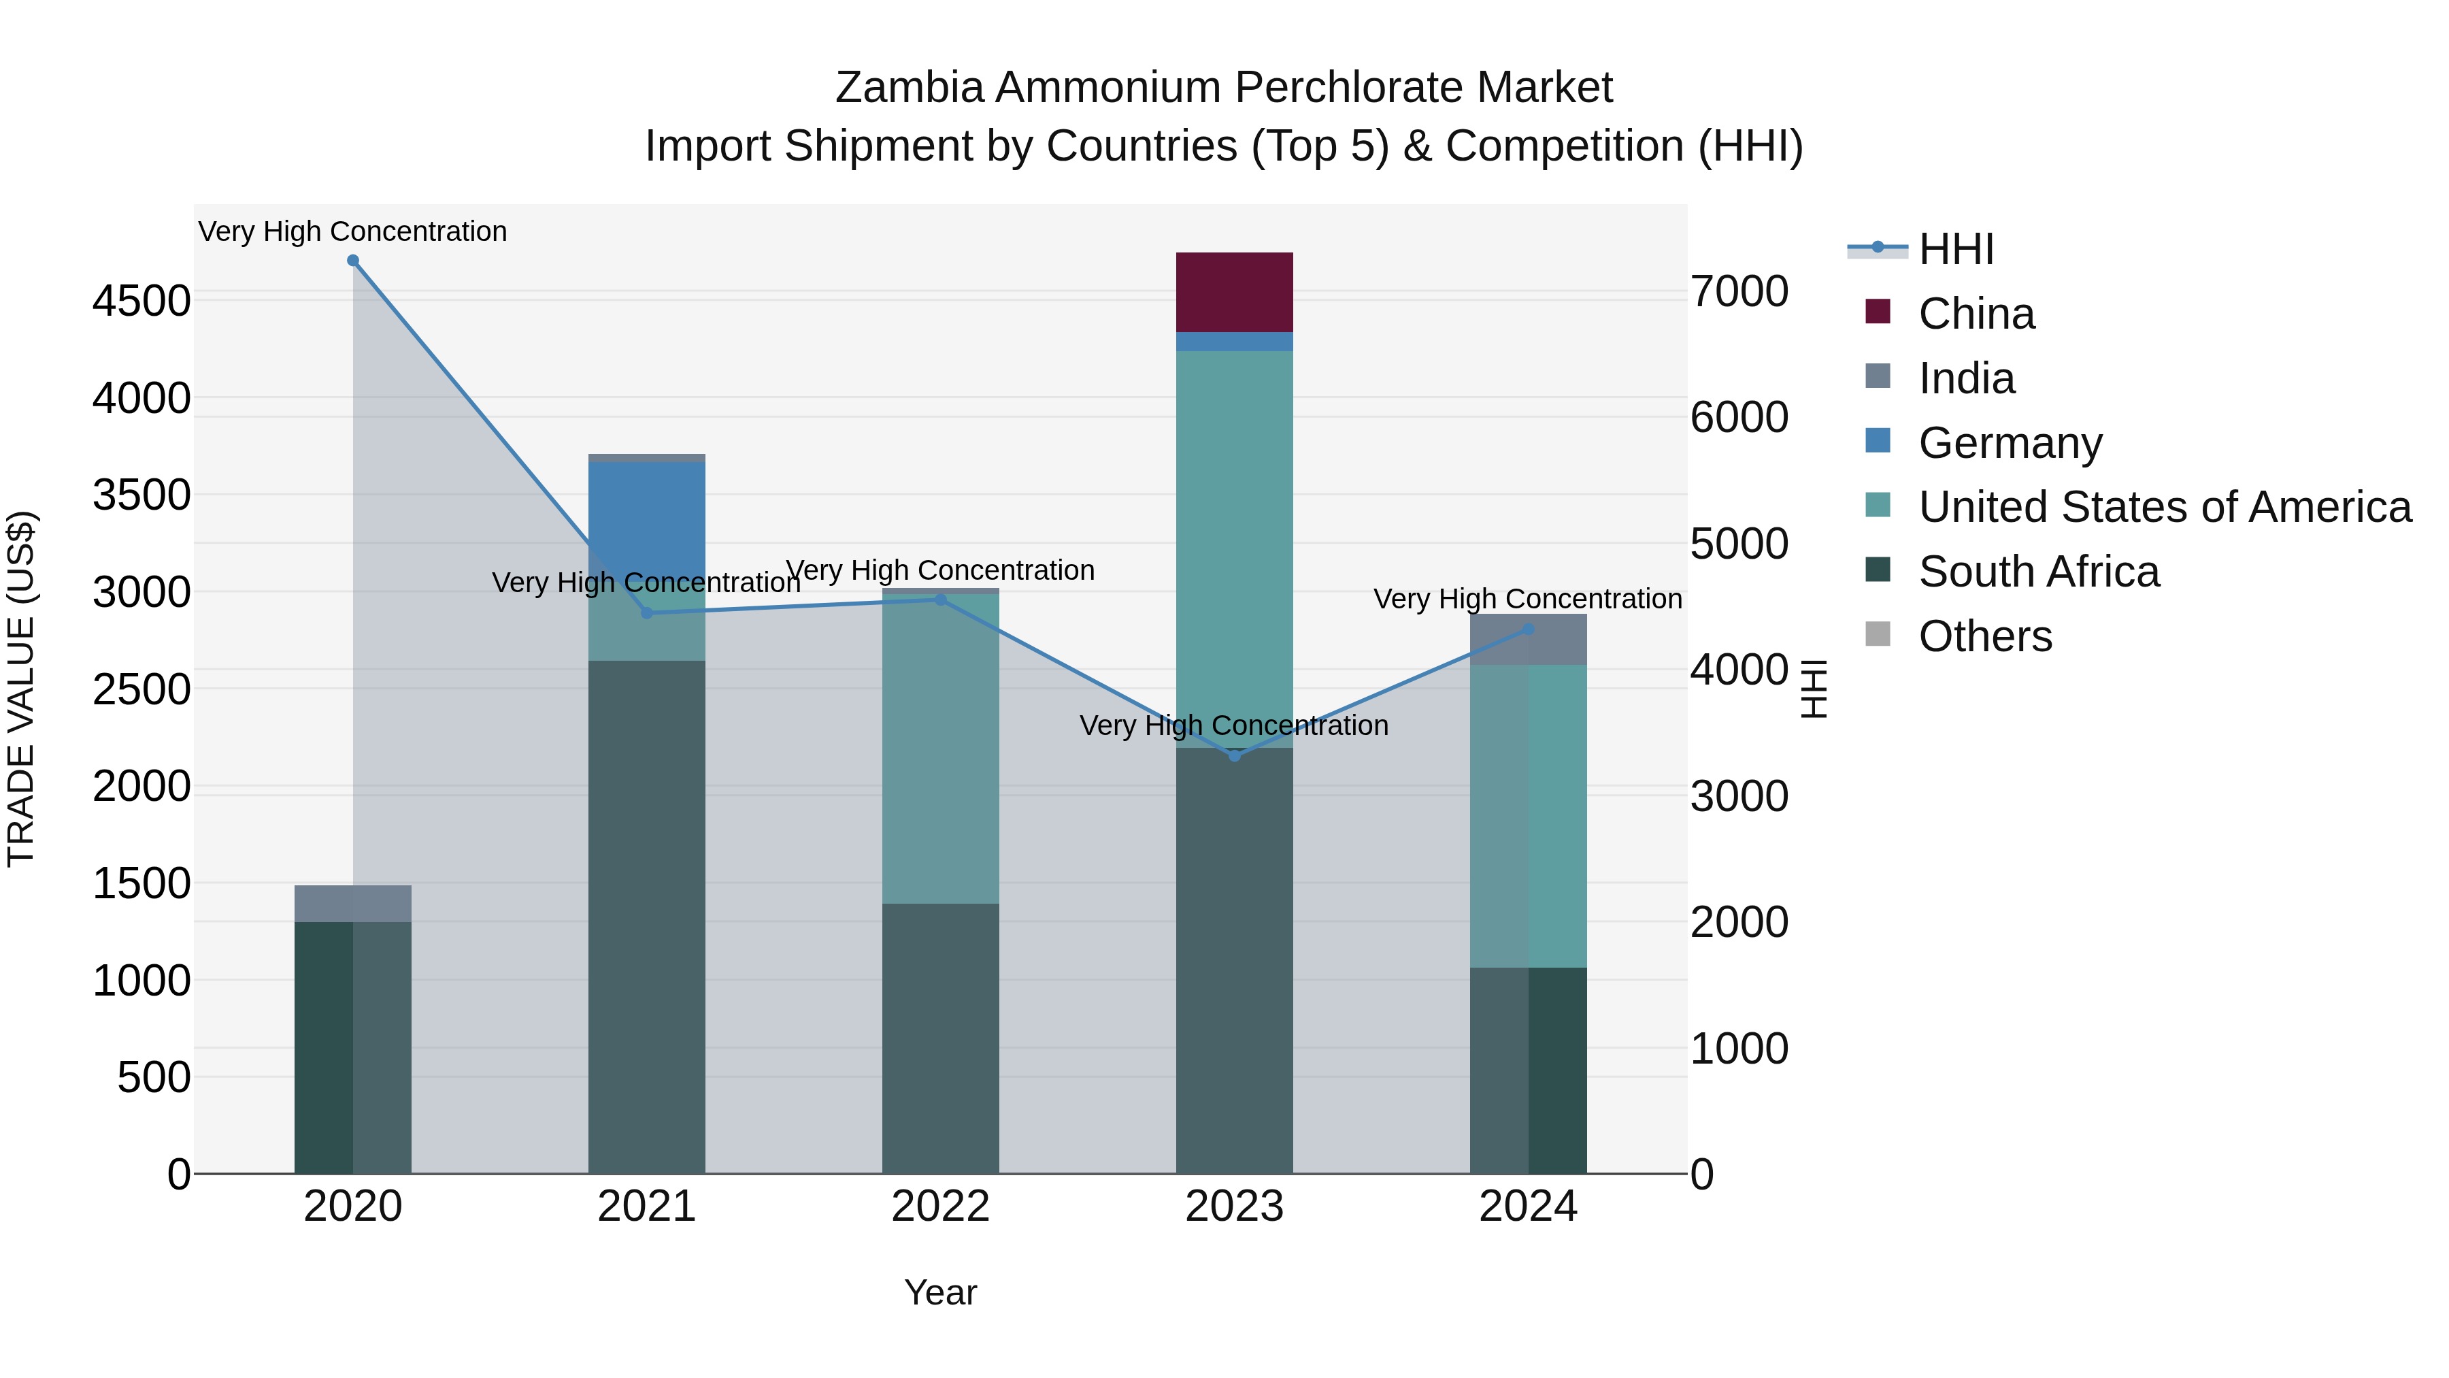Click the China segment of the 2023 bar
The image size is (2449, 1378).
click(x=1234, y=292)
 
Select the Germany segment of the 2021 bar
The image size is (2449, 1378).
click(x=646, y=519)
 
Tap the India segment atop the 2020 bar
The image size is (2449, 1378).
click(x=352, y=904)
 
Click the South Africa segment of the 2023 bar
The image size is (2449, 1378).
click(x=1234, y=960)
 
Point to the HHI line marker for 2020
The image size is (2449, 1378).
click(x=352, y=261)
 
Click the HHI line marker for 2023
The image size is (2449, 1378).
click(x=1235, y=756)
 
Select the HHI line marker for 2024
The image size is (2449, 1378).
click(x=1528, y=629)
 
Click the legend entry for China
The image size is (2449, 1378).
click(x=1976, y=314)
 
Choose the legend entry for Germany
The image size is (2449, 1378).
click(x=2010, y=443)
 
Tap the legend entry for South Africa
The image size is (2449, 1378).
click(x=2038, y=572)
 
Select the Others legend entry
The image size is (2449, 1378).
click(x=1985, y=636)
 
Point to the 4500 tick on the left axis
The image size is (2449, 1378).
click(x=141, y=301)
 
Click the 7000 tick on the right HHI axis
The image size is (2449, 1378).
click(x=1739, y=291)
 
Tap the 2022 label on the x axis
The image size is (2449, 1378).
click(x=940, y=1207)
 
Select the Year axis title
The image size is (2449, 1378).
click(x=940, y=1292)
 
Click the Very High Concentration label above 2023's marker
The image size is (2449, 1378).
click(x=1234, y=725)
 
